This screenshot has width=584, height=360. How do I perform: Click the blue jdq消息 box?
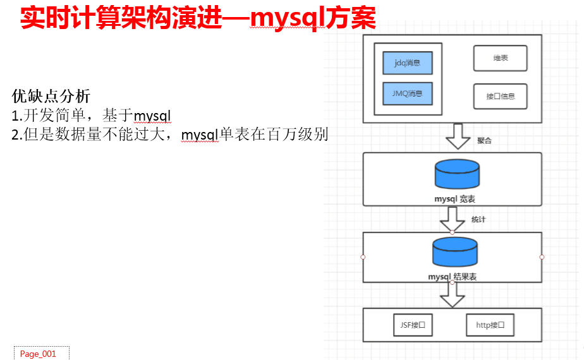tap(407, 63)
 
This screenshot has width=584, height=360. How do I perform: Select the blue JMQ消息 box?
tap(407, 93)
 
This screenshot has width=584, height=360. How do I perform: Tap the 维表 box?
tap(500, 58)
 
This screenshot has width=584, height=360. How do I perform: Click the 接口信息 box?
tap(500, 97)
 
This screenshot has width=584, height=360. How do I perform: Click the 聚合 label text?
tap(484, 141)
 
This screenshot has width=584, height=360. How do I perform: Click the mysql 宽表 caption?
tap(454, 199)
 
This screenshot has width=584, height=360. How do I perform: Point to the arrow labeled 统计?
tap(453, 219)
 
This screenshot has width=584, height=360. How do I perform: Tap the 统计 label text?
tap(478, 219)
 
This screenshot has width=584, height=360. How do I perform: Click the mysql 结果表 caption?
tap(452, 277)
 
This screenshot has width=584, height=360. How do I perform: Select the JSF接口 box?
tap(413, 325)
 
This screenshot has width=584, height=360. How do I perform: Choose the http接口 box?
tap(490, 325)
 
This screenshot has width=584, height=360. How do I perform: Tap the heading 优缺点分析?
tap(51, 97)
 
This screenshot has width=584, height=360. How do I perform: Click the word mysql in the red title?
tap(288, 18)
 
